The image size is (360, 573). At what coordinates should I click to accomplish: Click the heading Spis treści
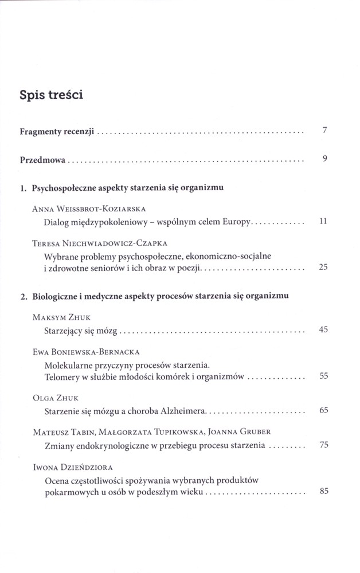coord(52,95)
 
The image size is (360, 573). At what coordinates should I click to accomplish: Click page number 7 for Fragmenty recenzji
coord(324,131)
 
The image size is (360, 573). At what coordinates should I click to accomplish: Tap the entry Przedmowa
coord(44,160)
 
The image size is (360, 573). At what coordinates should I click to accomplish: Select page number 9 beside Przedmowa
coord(324,159)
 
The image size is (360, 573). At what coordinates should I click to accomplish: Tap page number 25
coord(323,266)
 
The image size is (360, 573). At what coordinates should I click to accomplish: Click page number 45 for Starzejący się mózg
coord(323,329)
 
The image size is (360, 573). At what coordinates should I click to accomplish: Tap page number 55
coord(323,376)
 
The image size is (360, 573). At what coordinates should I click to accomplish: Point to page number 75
coord(323,445)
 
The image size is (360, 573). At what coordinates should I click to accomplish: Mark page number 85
coord(323,491)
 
